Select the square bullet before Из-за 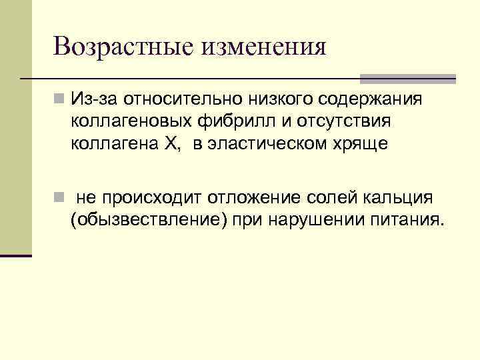click(x=61, y=99)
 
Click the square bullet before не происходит click(x=61, y=198)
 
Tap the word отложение click(x=255, y=198)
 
